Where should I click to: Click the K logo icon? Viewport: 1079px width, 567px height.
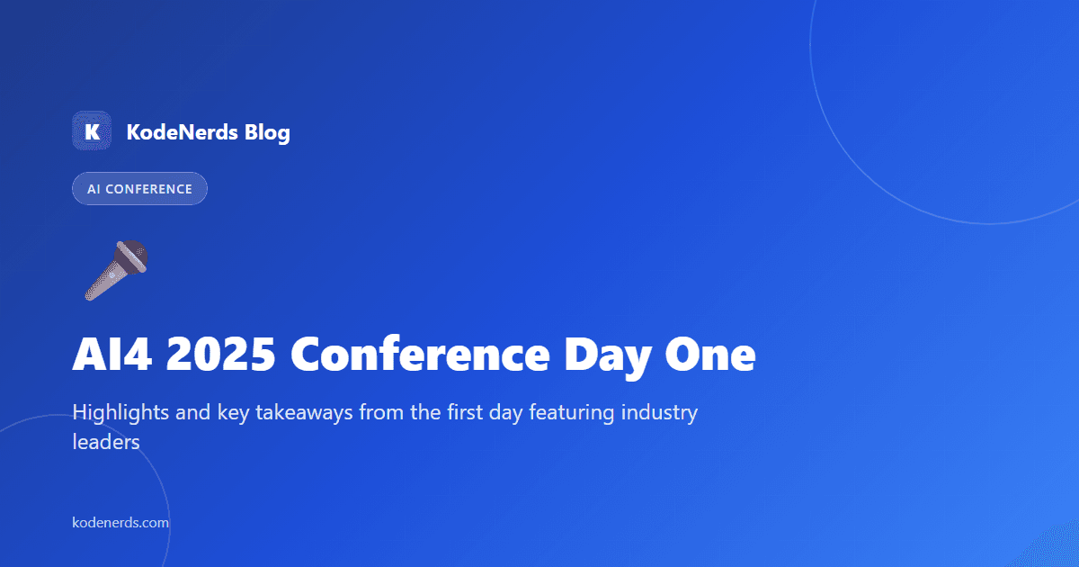point(91,131)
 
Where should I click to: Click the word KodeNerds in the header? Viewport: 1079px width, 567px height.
point(182,133)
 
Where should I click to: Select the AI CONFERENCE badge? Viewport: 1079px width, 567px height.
point(139,189)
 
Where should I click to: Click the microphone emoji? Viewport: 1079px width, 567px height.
point(116,269)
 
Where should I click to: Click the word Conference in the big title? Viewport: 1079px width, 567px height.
point(420,356)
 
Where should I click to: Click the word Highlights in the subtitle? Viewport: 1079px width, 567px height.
point(115,413)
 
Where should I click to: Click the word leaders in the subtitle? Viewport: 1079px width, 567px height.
point(105,443)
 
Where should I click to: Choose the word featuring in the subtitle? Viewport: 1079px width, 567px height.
point(572,414)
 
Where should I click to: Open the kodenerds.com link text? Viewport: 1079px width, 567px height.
point(120,522)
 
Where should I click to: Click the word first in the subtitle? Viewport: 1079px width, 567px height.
point(478,413)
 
